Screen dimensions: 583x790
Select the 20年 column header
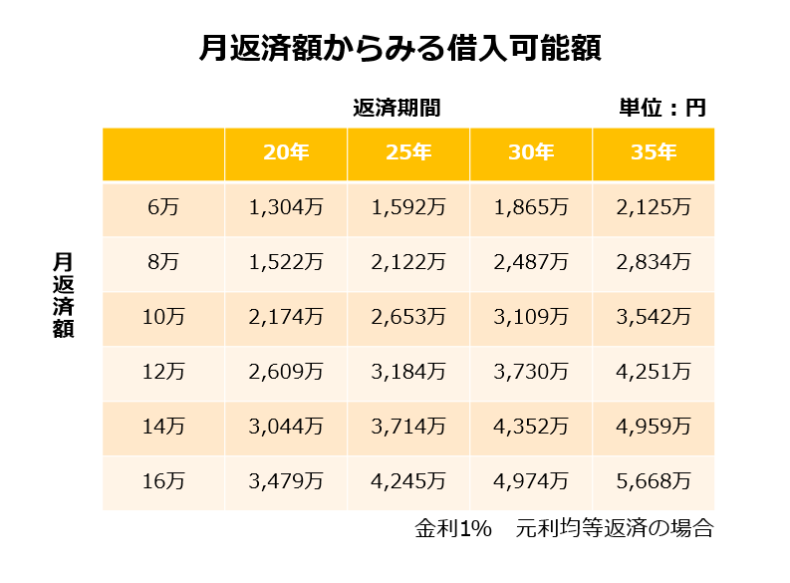(286, 153)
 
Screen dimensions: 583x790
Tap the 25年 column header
(408, 153)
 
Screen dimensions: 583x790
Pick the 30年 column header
(531, 153)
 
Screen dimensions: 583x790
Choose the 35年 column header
(654, 153)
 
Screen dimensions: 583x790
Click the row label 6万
(163, 208)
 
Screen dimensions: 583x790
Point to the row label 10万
(163, 318)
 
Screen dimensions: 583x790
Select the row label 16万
(163, 482)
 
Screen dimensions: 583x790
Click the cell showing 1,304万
(286, 208)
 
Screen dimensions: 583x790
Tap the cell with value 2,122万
(408, 263)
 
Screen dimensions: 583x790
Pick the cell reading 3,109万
(531, 318)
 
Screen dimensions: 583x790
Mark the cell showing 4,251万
(654, 373)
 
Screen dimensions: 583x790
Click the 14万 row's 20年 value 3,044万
(286, 428)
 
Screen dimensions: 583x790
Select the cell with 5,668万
(654, 482)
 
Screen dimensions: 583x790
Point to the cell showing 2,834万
(654, 263)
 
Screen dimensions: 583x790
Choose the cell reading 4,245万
(408, 482)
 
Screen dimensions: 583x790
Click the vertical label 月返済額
(64, 296)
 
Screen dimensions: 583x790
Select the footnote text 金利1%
(453, 529)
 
